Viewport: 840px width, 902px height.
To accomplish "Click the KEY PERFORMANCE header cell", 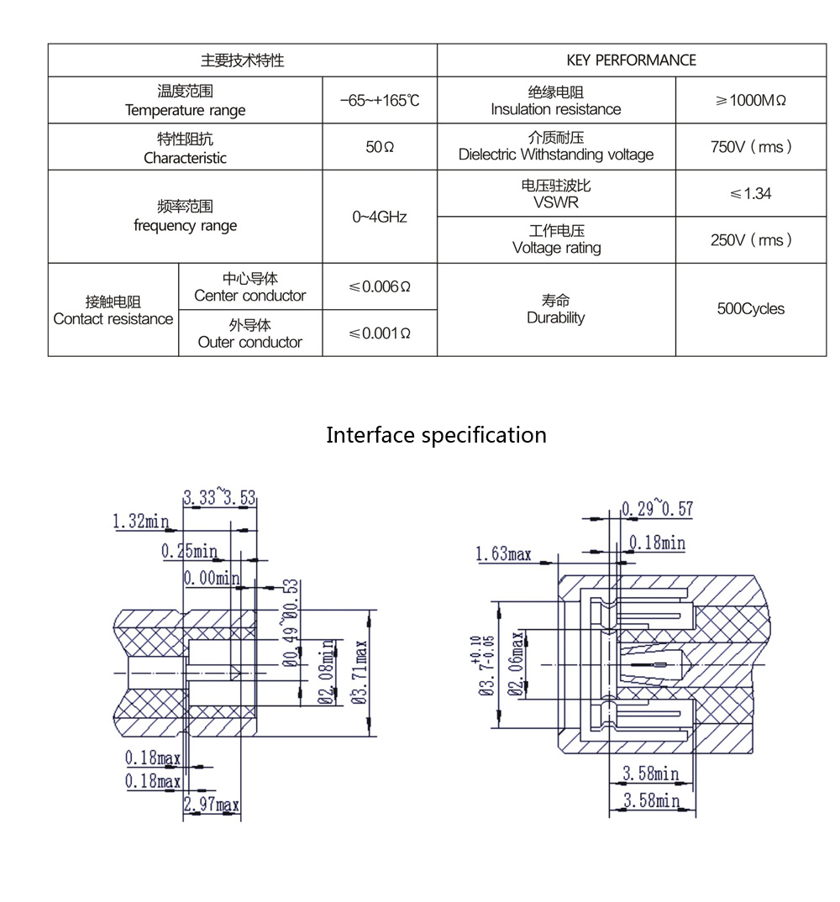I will pos(631,60).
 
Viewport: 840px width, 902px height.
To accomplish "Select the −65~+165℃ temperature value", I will pos(380,101).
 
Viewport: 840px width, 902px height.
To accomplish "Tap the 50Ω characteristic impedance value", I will pos(380,147).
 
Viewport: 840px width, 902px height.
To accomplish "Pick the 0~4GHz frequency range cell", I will pos(380,217).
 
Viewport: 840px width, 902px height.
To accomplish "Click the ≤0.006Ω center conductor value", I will pos(380,286).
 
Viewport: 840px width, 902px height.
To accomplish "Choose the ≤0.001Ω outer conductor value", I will pos(380,333).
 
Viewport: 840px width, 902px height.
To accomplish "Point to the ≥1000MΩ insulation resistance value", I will pos(750,101).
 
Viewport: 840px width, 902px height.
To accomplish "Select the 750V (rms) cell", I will pos(750,147).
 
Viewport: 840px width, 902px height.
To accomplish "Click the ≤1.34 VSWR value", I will pos(750,194).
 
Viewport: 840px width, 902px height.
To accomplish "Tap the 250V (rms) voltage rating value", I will pos(750,240).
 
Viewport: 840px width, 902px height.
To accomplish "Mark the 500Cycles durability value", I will pos(750,309).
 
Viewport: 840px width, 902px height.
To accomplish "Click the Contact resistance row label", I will pos(113,311).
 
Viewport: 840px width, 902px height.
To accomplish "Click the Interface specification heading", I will pos(436,435).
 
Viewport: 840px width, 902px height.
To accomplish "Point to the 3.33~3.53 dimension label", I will pos(219,497).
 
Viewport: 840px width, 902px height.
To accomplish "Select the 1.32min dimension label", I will pos(140,522).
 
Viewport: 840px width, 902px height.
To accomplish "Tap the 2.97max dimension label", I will pos(212,805).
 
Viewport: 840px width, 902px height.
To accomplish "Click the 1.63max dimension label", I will pos(503,553).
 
